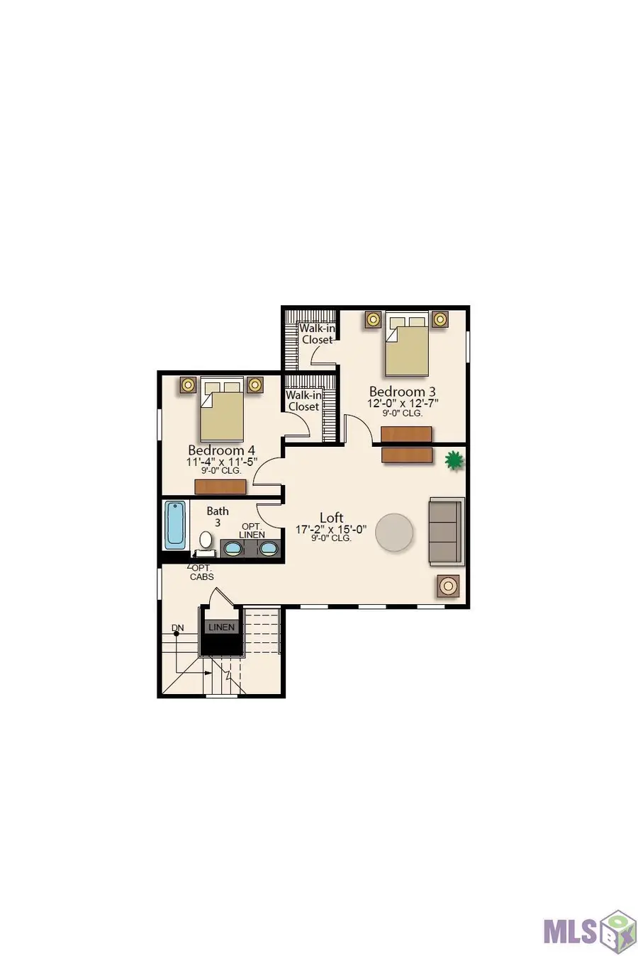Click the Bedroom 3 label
pyautogui.click(x=403, y=392)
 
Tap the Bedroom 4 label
pyautogui.click(x=221, y=450)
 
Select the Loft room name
pyautogui.click(x=332, y=518)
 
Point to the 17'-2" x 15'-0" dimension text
pyautogui.click(x=332, y=530)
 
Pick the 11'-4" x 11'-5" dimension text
pyautogui.click(x=222, y=462)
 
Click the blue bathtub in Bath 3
pyautogui.click(x=175, y=525)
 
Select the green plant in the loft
pyautogui.click(x=454, y=461)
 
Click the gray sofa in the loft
pyautogui.click(x=446, y=531)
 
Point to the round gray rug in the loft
pyautogui.click(x=394, y=533)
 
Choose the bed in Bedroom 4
pyautogui.click(x=222, y=409)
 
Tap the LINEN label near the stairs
pyautogui.click(x=221, y=627)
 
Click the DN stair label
pyautogui.click(x=178, y=628)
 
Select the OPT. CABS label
pyautogui.click(x=202, y=573)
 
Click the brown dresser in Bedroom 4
pyautogui.click(x=220, y=487)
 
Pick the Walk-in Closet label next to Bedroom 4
pyautogui.click(x=303, y=401)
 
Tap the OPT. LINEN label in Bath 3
pyautogui.click(x=252, y=531)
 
